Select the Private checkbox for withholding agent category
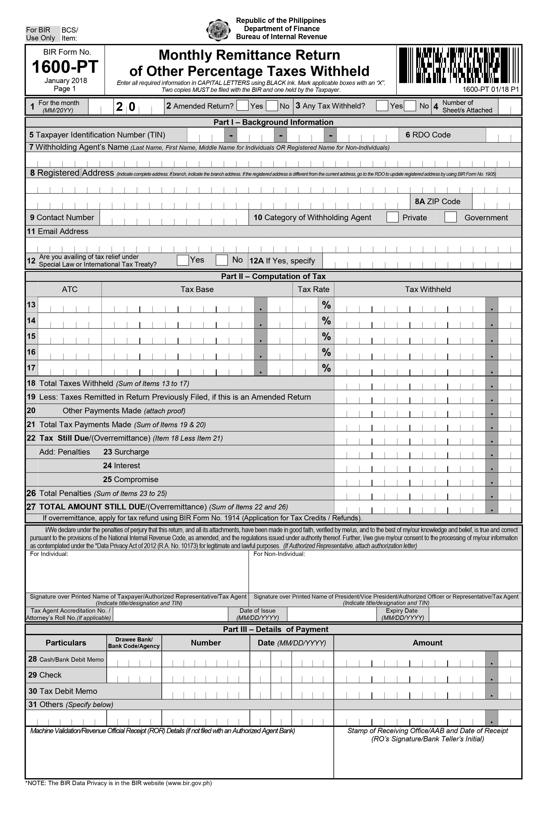click(392, 217)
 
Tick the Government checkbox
click(450, 217)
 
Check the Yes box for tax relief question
click(183, 260)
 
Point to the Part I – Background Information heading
click(273, 122)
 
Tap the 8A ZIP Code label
click(437, 202)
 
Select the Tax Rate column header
click(313, 289)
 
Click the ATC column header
click(70, 289)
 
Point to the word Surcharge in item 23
click(132, 452)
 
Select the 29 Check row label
click(45, 675)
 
